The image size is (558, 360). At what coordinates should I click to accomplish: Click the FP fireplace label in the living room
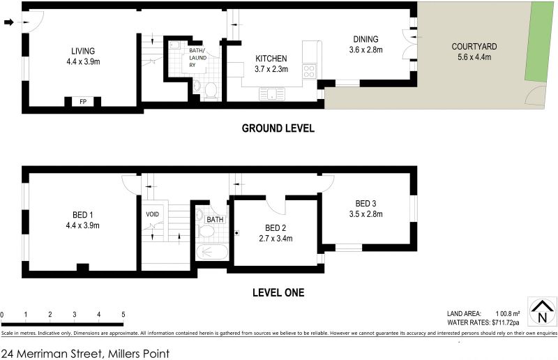tap(83, 101)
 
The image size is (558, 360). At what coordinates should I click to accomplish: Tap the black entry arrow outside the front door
tap(8, 22)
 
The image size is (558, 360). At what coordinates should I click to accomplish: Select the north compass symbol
tap(542, 311)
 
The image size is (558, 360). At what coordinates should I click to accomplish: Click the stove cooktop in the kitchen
tap(309, 71)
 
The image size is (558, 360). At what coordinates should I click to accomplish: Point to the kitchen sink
tap(272, 94)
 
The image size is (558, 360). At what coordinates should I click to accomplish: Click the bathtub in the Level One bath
tap(212, 252)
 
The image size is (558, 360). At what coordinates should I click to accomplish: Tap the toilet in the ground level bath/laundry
tap(211, 91)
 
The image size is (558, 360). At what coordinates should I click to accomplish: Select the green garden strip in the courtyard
tap(540, 43)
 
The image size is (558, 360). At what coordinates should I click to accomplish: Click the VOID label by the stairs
tap(152, 214)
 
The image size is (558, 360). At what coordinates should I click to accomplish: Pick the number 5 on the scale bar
tap(123, 315)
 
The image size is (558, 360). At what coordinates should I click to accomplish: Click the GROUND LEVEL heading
tap(278, 128)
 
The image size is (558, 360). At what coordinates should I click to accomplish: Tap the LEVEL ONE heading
tap(278, 293)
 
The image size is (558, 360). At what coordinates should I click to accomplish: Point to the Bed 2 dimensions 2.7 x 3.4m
tap(276, 238)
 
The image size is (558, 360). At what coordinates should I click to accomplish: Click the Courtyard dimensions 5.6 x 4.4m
tap(474, 57)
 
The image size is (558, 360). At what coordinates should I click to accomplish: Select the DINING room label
tap(365, 39)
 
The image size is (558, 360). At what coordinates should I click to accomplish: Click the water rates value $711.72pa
tap(505, 322)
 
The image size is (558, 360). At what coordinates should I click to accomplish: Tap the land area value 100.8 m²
tap(508, 314)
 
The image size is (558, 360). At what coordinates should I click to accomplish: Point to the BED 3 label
tap(365, 204)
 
